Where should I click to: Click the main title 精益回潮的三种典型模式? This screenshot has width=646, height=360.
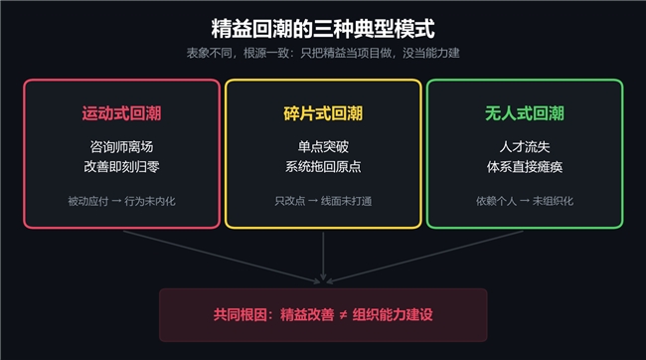coord(323,29)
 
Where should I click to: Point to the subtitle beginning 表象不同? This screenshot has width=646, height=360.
coord(323,53)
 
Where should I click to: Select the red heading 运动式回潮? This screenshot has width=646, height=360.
coord(121,113)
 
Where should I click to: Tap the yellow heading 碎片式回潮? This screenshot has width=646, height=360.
coord(323,113)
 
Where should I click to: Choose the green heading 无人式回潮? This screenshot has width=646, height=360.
coord(525,113)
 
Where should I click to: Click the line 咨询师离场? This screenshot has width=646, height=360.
coord(121,147)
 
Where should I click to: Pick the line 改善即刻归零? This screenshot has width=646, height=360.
coord(121,167)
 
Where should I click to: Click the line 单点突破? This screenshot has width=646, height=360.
coord(323,147)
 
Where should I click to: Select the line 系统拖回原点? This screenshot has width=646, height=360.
coord(323,167)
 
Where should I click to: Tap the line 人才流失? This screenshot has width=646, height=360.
coord(525,147)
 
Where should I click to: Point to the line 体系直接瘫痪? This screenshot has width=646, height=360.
coord(525,167)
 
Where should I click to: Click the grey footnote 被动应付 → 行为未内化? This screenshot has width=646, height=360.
coord(121,201)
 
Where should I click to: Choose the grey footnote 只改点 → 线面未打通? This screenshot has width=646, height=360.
coord(323,201)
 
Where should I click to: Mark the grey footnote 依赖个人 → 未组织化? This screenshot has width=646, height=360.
coord(525,201)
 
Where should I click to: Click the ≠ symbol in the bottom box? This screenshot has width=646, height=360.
coord(343,315)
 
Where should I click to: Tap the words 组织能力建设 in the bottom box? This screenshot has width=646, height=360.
coord(393,315)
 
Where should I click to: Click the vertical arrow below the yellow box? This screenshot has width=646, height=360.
coord(323,257)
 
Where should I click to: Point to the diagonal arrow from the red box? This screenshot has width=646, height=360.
coord(222,257)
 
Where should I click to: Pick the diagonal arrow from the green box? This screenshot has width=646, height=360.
coord(424,257)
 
